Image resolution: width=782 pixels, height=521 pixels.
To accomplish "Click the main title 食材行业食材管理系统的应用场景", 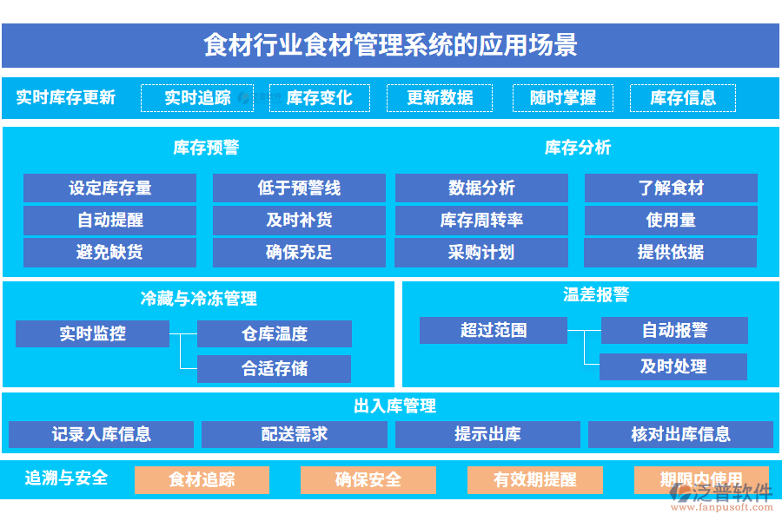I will [x=390, y=44].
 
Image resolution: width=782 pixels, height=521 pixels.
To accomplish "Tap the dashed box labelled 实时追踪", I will [x=198, y=98].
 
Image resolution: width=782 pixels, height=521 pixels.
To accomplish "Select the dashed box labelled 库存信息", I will [x=683, y=98].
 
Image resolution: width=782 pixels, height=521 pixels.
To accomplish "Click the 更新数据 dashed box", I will [x=440, y=98].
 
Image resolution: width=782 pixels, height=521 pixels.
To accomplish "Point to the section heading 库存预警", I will [x=206, y=148].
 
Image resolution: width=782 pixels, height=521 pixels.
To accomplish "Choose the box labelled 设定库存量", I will [x=109, y=188].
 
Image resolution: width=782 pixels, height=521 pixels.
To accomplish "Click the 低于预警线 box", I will [x=299, y=188].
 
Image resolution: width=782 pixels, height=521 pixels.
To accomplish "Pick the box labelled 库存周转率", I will [x=481, y=221].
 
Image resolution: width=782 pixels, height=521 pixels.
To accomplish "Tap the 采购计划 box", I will [x=481, y=253].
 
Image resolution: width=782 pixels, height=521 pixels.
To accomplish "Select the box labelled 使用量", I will [x=671, y=221].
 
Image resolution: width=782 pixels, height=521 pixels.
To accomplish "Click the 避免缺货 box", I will [x=109, y=253].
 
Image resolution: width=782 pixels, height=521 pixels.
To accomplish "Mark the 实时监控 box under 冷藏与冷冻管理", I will [x=92, y=333].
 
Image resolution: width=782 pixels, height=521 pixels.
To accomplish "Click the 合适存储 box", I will [x=275, y=369].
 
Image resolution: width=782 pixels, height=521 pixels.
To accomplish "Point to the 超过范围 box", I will [x=494, y=330].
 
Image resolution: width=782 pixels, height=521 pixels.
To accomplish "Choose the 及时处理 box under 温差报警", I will [x=673, y=366].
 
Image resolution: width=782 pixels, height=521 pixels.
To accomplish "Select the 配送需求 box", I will [x=295, y=434].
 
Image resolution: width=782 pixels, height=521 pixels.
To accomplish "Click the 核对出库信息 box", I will [x=680, y=434].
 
